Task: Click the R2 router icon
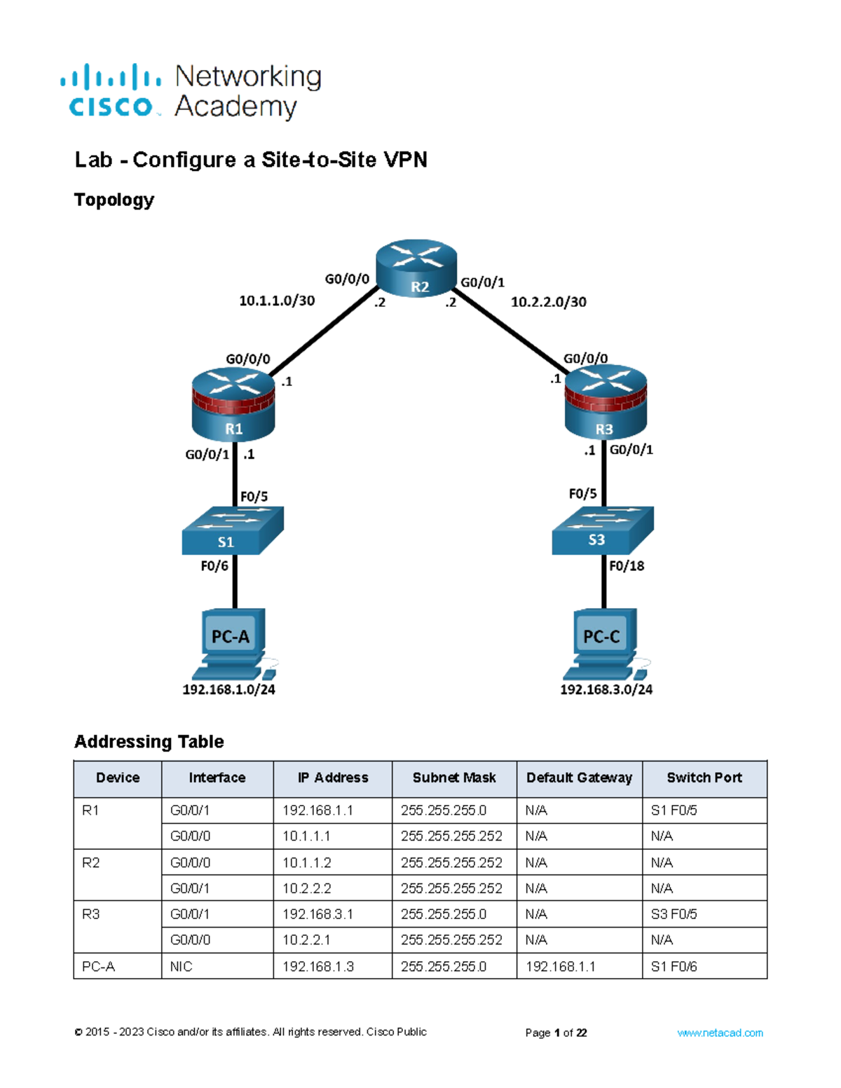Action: (x=416, y=268)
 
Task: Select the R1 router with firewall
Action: (x=233, y=406)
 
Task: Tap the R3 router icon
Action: (x=606, y=406)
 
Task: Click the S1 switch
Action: (x=232, y=531)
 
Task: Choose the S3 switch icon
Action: (x=602, y=530)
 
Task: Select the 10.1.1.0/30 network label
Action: (x=277, y=301)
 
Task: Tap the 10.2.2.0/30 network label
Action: (x=548, y=302)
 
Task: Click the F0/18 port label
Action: (x=627, y=566)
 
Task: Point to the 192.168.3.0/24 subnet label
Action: (x=606, y=690)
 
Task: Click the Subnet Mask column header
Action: (x=454, y=778)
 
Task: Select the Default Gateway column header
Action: (x=579, y=778)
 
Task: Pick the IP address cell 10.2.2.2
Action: (x=307, y=888)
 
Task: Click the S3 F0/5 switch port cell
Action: (x=674, y=914)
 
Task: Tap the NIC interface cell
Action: (x=182, y=967)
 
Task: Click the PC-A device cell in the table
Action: (x=99, y=967)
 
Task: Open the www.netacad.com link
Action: (x=720, y=1033)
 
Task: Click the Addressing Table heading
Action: (x=149, y=742)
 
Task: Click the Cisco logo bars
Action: (x=111, y=77)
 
